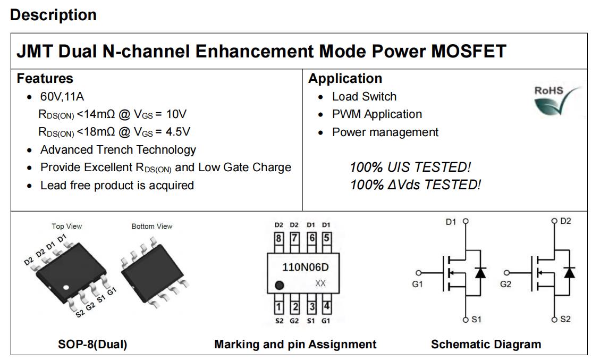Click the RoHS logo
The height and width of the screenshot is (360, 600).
pos(557,101)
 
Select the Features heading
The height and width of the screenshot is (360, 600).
pos(45,79)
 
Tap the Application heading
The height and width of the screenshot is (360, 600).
pos(345,79)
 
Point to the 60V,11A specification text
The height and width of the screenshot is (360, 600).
pos(62,96)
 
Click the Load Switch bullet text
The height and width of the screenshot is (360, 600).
pos(364,96)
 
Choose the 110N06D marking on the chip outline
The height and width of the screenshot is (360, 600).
pos(306,267)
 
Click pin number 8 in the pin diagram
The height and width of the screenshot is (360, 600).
pos(279,238)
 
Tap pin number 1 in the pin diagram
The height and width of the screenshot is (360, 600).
pos(279,307)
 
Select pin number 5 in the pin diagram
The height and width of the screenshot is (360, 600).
pos(326,238)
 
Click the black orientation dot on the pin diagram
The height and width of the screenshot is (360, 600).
pos(280,285)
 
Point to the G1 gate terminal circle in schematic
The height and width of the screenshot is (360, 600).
pos(419,273)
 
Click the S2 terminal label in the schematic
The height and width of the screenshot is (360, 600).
pos(565,319)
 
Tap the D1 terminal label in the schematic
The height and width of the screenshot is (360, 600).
pos(451,222)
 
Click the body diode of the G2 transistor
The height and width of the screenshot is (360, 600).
pos(569,272)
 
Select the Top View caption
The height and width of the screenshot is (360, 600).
pos(67,227)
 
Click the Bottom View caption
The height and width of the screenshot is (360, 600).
pos(152,227)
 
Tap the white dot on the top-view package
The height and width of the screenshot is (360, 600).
pos(66,287)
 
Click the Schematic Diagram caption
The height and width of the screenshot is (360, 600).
pos(486,344)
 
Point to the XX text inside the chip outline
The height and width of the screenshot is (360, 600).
pos(320,283)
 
